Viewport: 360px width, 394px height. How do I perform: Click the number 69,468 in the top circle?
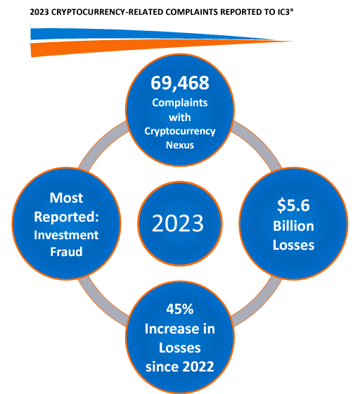pyautogui.click(x=180, y=83)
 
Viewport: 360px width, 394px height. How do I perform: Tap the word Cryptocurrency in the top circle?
pyautogui.click(x=180, y=132)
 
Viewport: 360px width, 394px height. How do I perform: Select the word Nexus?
pyautogui.click(x=180, y=145)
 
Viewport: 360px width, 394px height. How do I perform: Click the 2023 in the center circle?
pyautogui.click(x=178, y=224)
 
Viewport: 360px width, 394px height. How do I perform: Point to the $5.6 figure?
pyautogui.click(x=293, y=205)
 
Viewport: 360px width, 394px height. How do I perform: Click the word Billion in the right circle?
pyautogui.click(x=293, y=226)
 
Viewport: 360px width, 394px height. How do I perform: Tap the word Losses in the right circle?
pyautogui.click(x=293, y=245)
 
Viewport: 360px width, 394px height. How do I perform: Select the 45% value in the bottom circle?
pyautogui.click(x=180, y=309)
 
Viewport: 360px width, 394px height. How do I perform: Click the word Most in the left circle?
pyautogui.click(x=66, y=198)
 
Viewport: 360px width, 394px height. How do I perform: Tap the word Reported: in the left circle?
pyautogui.click(x=66, y=217)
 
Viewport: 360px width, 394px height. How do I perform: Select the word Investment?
pyautogui.click(x=66, y=235)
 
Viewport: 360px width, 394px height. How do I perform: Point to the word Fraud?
pyautogui.click(x=66, y=252)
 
